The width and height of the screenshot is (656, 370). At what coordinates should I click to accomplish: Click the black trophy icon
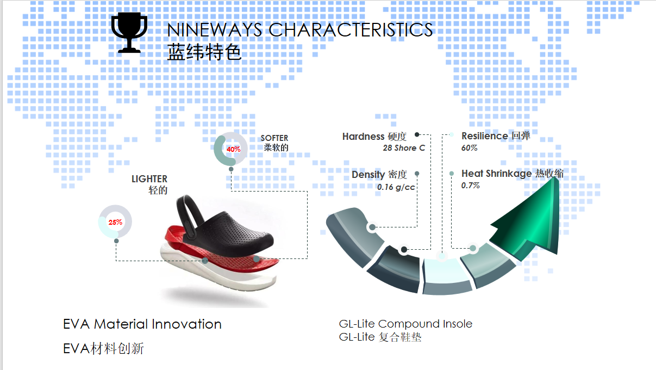[x=129, y=33]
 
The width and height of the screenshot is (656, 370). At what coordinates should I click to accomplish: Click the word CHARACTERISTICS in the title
[x=351, y=30]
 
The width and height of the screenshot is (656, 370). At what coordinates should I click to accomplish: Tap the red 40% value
[x=233, y=149]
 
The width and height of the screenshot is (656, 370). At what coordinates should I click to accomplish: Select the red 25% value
[x=115, y=222]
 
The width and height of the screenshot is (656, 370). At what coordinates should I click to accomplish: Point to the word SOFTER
[x=274, y=138]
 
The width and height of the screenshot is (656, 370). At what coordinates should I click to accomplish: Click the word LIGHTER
[x=149, y=179]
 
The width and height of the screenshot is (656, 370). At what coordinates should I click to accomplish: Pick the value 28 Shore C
[x=404, y=148]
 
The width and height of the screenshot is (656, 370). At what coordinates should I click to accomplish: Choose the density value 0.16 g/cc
[x=396, y=187]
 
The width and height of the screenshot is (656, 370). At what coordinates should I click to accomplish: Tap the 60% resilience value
[x=469, y=148]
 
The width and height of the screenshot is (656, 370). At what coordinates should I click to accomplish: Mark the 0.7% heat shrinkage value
[x=470, y=186]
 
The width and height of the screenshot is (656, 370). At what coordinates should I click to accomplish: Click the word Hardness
[x=363, y=137]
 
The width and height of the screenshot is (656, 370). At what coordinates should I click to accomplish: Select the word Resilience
[x=485, y=135]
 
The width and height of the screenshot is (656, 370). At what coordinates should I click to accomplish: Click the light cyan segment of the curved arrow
[x=445, y=273]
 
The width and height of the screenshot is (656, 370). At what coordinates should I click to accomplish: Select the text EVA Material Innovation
[x=142, y=324]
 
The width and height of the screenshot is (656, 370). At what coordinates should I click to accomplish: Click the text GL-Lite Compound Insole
[x=405, y=324]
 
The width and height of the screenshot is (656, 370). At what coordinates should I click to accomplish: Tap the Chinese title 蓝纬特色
[x=204, y=52]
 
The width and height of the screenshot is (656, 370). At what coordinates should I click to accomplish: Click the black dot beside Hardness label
[x=417, y=134]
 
